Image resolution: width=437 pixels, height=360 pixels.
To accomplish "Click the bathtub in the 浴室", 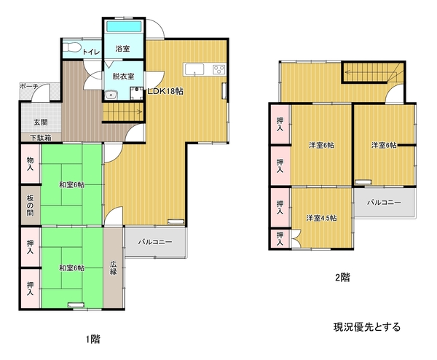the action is click(x=124, y=26).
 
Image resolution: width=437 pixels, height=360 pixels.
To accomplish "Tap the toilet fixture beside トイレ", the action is click(x=71, y=47).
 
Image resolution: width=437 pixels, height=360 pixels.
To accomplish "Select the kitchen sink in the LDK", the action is click(x=194, y=69).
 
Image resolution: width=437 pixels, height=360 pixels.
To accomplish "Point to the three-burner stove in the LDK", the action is click(x=219, y=69).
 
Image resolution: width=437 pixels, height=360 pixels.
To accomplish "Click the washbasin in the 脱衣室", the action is click(x=111, y=95).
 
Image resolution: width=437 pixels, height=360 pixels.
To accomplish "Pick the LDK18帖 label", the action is click(x=165, y=91).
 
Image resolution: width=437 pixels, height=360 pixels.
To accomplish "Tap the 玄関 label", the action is click(x=41, y=122).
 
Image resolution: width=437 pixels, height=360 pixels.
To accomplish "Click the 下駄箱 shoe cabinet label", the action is click(x=41, y=138).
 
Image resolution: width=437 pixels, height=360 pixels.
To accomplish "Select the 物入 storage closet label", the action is click(x=30, y=164).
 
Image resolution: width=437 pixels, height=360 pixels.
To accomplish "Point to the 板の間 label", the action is click(x=30, y=206).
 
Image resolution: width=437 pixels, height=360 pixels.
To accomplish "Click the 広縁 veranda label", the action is click(x=113, y=267).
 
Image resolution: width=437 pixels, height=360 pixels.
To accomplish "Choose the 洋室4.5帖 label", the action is click(x=322, y=218).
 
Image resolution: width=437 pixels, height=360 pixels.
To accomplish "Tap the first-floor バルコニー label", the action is click(x=155, y=242).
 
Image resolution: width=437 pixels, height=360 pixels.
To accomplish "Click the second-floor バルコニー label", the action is click(x=384, y=202).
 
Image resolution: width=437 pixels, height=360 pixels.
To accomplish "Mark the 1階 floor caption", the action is click(x=92, y=339).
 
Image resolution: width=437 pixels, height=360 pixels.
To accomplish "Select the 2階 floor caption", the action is click(x=342, y=278).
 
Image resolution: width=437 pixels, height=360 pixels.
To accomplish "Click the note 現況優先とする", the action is click(x=367, y=326).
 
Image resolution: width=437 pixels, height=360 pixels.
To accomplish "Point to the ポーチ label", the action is click(x=29, y=86).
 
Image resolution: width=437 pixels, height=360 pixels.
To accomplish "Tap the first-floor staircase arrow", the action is click(x=123, y=111).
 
